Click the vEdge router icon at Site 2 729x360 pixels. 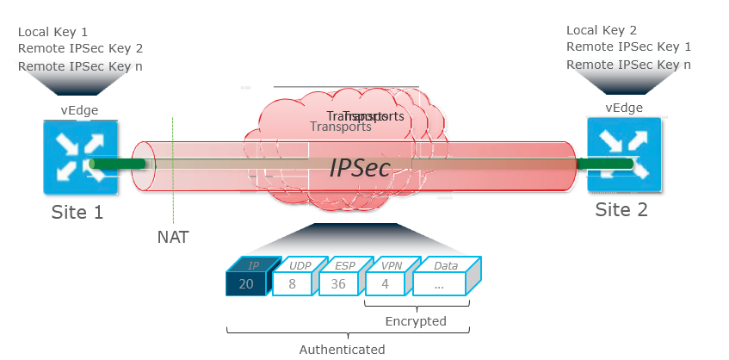coord(624,155)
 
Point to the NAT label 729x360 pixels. coord(173,236)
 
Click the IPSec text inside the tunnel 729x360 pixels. coord(360,169)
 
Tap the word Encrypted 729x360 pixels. coord(415,321)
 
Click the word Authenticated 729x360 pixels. coord(342,349)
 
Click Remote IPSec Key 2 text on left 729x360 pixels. coord(79,49)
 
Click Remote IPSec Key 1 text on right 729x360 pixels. coord(628,47)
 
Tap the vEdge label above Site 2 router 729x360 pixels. coord(624,108)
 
